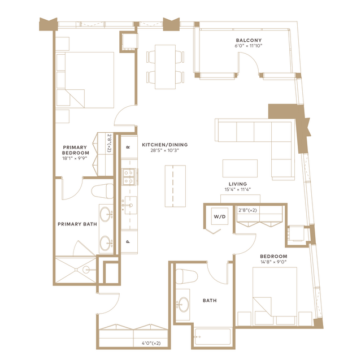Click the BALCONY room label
(x=249, y=40)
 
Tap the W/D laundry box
(x=220, y=216)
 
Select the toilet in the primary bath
(x=103, y=191)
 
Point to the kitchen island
(x=175, y=186)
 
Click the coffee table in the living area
(x=240, y=168)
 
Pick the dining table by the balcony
(x=166, y=67)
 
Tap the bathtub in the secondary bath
(x=212, y=336)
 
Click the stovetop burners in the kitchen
(x=129, y=177)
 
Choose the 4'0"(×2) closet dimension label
(x=151, y=343)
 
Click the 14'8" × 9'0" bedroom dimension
(x=273, y=262)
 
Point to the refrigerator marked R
(x=129, y=148)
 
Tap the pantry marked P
(x=129, y=242)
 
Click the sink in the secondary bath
(x=184, y=305)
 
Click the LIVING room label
(x=238, y=184)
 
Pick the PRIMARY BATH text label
(x=77, y=224)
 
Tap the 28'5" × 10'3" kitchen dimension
(x=165, y=150)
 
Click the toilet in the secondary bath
(x=186, y=277)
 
